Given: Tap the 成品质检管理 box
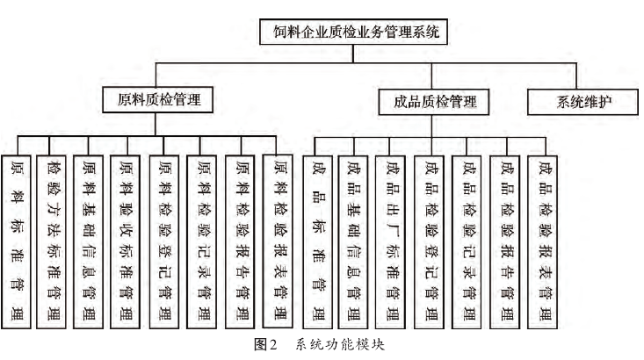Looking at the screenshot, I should [x=429, y=102].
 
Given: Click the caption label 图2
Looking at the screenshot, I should [x=266, y=346].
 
